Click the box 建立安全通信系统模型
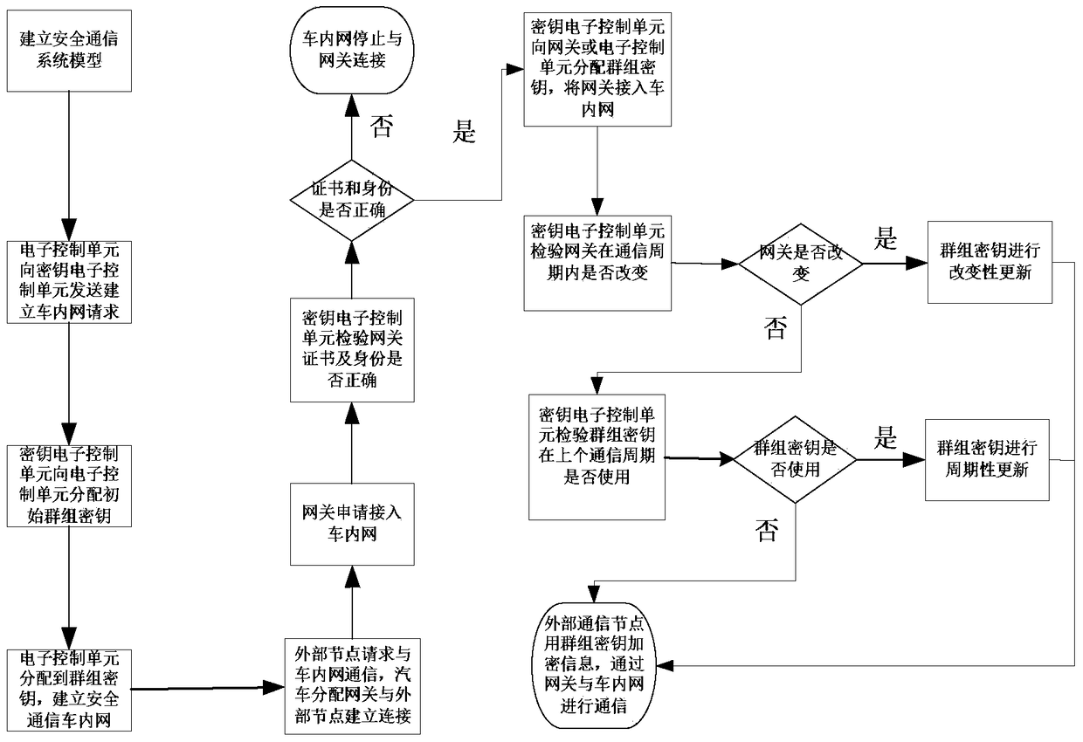coord(67,51)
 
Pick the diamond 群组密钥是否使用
coord(796,458)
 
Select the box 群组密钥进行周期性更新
coord(987,458)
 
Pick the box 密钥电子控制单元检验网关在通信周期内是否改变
coord(597,262)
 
